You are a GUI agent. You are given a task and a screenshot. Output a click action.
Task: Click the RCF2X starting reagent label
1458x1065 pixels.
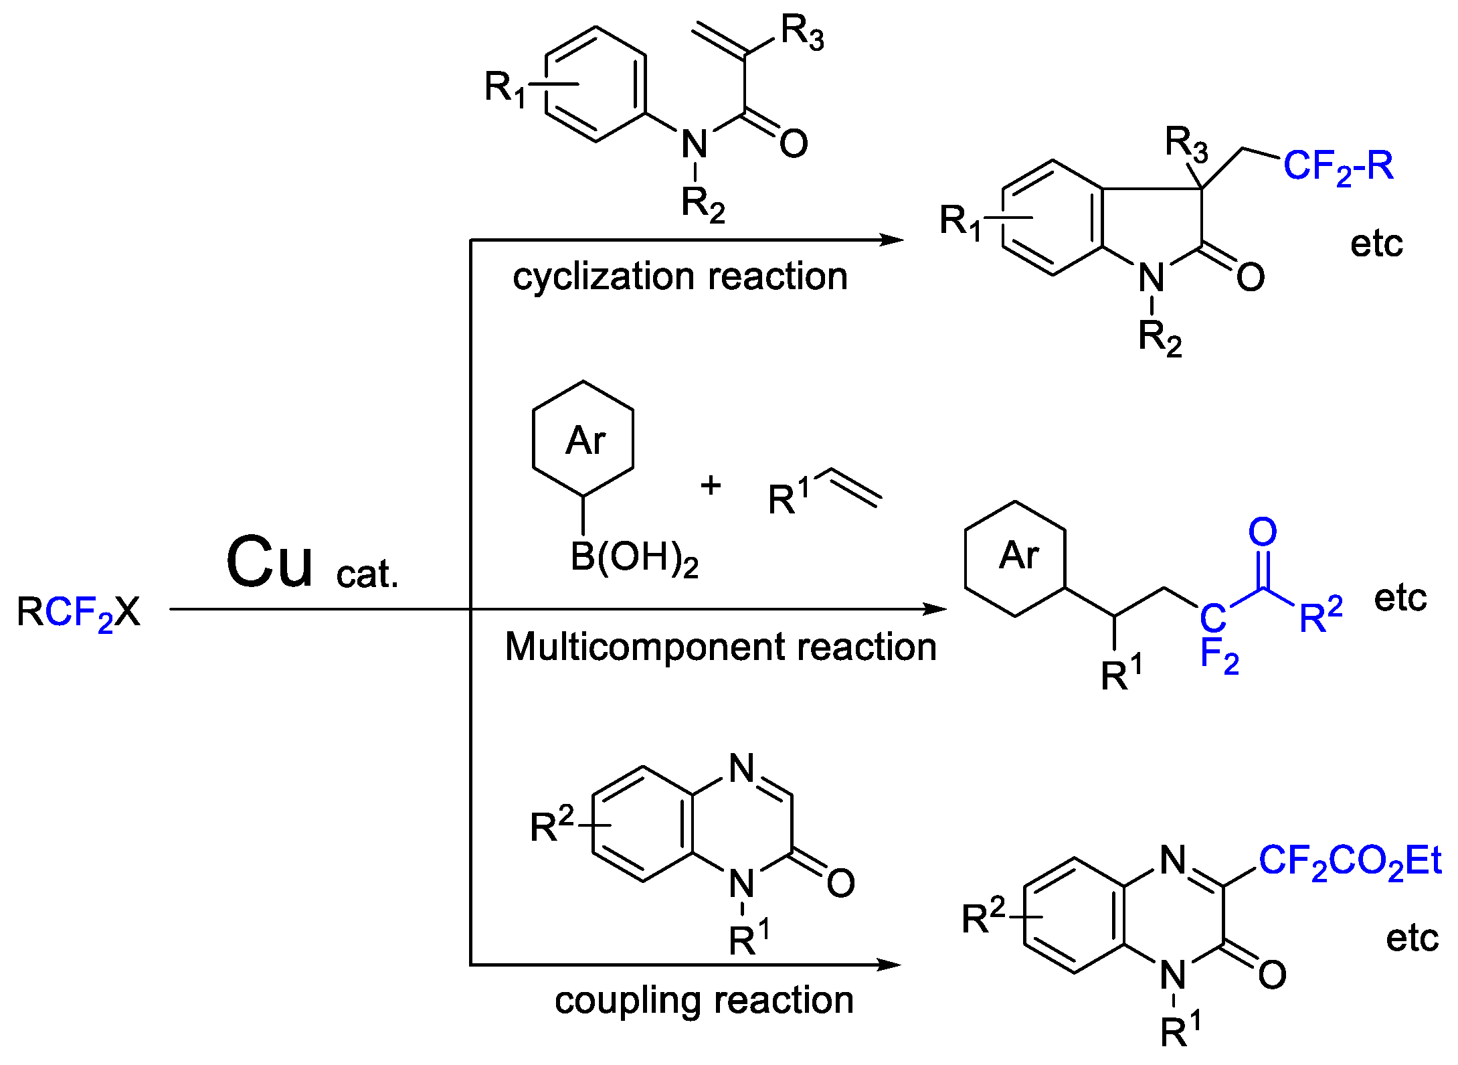tap(78, 612)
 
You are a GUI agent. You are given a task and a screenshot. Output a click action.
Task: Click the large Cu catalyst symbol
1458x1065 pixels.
tap(269, 562)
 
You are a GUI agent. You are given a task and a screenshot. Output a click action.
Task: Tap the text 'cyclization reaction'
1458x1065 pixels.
tap(680, 276)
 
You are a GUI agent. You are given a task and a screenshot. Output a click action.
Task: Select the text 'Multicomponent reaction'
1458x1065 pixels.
tap(720, 647)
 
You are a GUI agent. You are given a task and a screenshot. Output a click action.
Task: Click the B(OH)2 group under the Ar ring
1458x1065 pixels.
tap(634, 558)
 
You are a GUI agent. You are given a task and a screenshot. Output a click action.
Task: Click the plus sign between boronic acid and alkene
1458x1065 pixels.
tap(711, 485)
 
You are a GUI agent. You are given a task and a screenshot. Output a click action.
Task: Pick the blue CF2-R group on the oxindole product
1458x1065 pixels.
tap(1338, 166)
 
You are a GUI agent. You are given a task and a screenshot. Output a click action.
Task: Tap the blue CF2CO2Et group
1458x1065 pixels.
tap(1350, 861)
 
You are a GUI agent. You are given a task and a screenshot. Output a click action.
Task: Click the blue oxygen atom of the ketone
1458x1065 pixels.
tap(1263, 532)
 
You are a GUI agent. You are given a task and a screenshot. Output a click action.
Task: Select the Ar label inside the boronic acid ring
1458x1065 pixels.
tap(585, 440)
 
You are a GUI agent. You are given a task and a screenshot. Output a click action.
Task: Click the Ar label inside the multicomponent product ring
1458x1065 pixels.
tap(1018, 555)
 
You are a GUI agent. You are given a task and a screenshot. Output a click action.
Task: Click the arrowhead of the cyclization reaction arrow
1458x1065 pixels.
tap(893, 240)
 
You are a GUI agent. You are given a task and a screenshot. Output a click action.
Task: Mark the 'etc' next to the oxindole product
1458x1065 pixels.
tap(1376, 244)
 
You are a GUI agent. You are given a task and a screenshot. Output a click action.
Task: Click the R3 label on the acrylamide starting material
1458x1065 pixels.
tap(802, 32)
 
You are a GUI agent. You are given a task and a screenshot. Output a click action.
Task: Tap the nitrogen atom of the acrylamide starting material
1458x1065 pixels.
tap(695, 144)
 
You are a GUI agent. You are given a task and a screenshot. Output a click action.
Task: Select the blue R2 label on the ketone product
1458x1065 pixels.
tap(1321, 615)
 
